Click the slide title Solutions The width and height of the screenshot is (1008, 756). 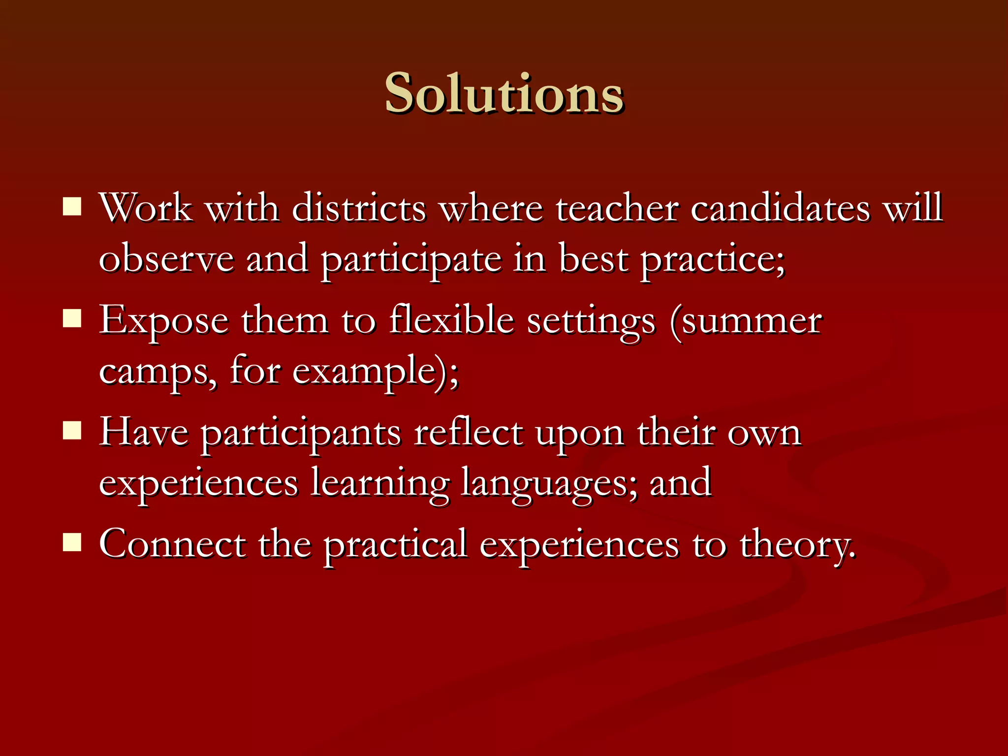(504, 94)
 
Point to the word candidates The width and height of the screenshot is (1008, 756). (780, 208)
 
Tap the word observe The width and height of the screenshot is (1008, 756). (166, 259)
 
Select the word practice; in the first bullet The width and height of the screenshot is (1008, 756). (712, 259)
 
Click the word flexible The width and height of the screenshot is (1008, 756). (451, 320)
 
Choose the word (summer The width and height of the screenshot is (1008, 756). (746, 321)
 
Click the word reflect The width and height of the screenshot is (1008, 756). (468, 432)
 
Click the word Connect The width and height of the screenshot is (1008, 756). (172, 544)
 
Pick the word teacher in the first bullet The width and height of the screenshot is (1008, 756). (617, 208)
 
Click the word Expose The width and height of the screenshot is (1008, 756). (164, 321)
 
